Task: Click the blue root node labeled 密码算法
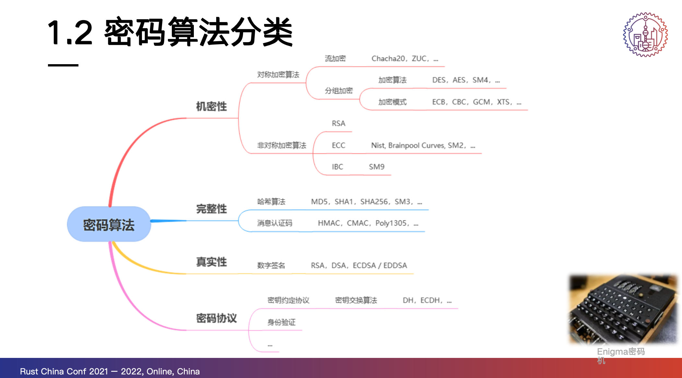(x=109, y=224)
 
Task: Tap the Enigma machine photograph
(x=623, y=309)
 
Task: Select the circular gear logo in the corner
(x=645, y=35)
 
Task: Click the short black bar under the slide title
(x=63, y=65)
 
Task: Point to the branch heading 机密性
(x=211, y=106)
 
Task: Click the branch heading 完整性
(x=211, y=209)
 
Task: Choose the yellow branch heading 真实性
(x=211, y=262)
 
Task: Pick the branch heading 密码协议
(x=217, y=318)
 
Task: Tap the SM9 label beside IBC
(x=377, y=167)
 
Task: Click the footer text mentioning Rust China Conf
(x=110, y=371)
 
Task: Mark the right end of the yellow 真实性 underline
(x=414, y=274)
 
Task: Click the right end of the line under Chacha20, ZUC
(x=444, y=67)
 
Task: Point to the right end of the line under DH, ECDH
(x=458, y=309)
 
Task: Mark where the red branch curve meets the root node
(x=110, y=207)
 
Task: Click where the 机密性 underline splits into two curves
(x=239, y=118)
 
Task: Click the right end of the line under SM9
(x=391, y=175)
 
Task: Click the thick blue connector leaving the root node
(x=169, y=221)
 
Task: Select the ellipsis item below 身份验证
(x=270, y=346)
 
